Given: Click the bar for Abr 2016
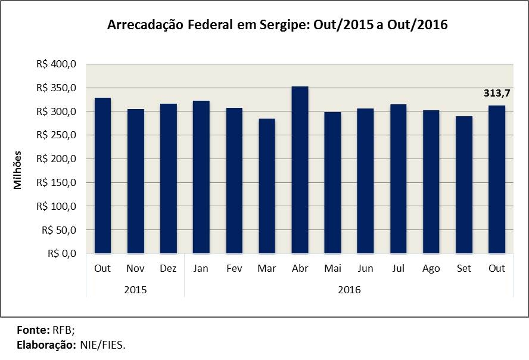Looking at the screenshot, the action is coord(300,170).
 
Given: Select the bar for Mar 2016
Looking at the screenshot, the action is coord(267,186).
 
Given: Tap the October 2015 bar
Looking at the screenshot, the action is coord(102,175).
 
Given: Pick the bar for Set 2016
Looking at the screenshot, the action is coord(464,185).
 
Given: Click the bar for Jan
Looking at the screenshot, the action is coord(201,177).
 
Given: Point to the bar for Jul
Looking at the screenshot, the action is coord(399,179).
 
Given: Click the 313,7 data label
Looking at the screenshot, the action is coord(497,93).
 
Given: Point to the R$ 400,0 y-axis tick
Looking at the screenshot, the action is coord(57,64).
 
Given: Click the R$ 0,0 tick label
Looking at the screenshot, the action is coord(62,253).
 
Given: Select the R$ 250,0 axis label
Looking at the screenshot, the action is coord(57,135).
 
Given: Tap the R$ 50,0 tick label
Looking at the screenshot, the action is coord(59,230).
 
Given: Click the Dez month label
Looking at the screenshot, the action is coord(168,269).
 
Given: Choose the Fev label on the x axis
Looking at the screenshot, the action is coord(234,269).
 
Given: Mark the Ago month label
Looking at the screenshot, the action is coord(431,269).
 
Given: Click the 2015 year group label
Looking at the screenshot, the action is coord(135,290).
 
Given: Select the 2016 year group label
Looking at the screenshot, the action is coord(349,290).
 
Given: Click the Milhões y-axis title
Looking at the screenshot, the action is coord(17,170).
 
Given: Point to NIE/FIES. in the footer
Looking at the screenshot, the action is coord(103,345).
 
